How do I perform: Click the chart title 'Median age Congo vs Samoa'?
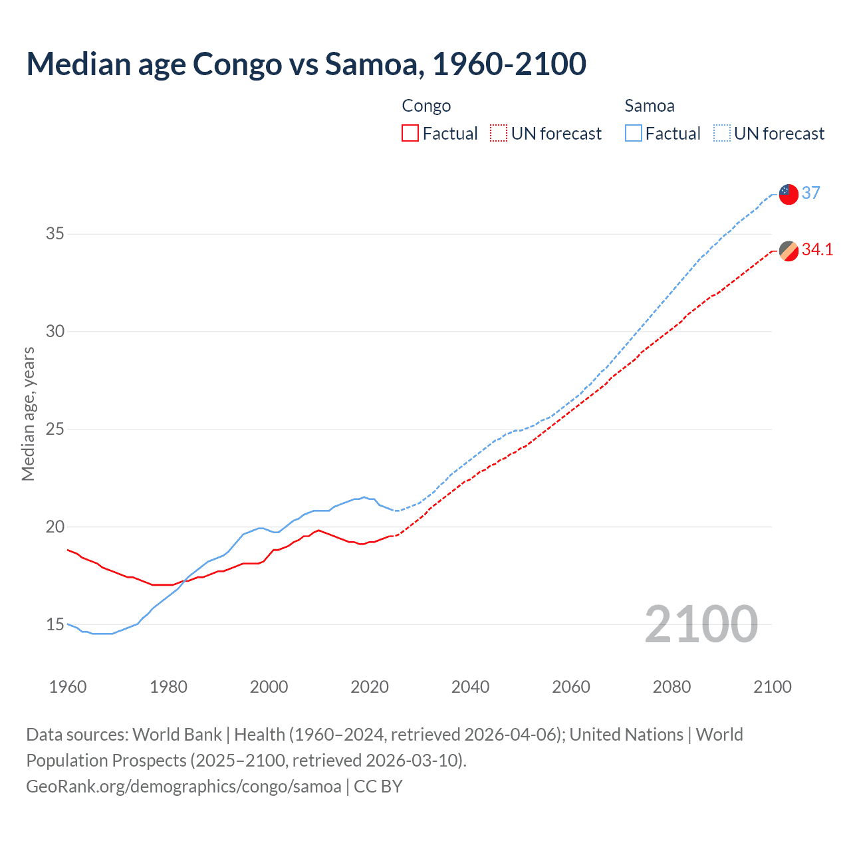coord(306,64)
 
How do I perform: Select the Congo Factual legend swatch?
coord(410,133)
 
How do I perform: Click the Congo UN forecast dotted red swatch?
coord(499,133)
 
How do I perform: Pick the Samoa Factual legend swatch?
coord(633,133)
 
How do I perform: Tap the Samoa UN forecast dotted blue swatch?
coord(722,133)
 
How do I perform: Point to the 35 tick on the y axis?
coord(55,234)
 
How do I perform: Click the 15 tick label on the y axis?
coord(55,624)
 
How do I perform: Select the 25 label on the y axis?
coord(55,429)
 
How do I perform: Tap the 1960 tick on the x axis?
coord(68,687)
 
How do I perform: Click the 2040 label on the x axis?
coord(470,687)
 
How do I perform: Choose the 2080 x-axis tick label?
coord(671,687)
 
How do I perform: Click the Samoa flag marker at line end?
coord(789,194)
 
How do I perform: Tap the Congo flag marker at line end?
coord(789,251)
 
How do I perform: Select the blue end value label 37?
coord(810,193)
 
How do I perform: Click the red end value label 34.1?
coord(817,250)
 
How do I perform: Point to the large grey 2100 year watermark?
coord(701,624)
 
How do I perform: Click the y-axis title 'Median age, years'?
coord(28,414)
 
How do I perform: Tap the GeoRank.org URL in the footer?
coord(183,787)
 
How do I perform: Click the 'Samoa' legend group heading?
coord(650,106)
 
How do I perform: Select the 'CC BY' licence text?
coord(378,787)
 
